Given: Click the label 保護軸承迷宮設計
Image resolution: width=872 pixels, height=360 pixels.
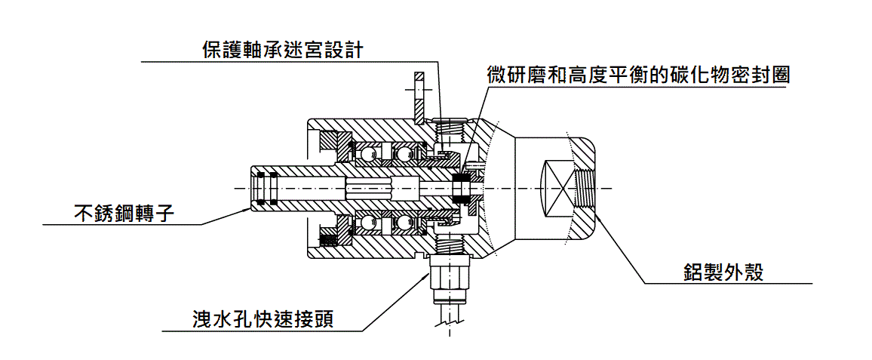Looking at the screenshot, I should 283,50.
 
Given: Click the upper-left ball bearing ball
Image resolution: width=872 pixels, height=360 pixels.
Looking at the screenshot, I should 367,154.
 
